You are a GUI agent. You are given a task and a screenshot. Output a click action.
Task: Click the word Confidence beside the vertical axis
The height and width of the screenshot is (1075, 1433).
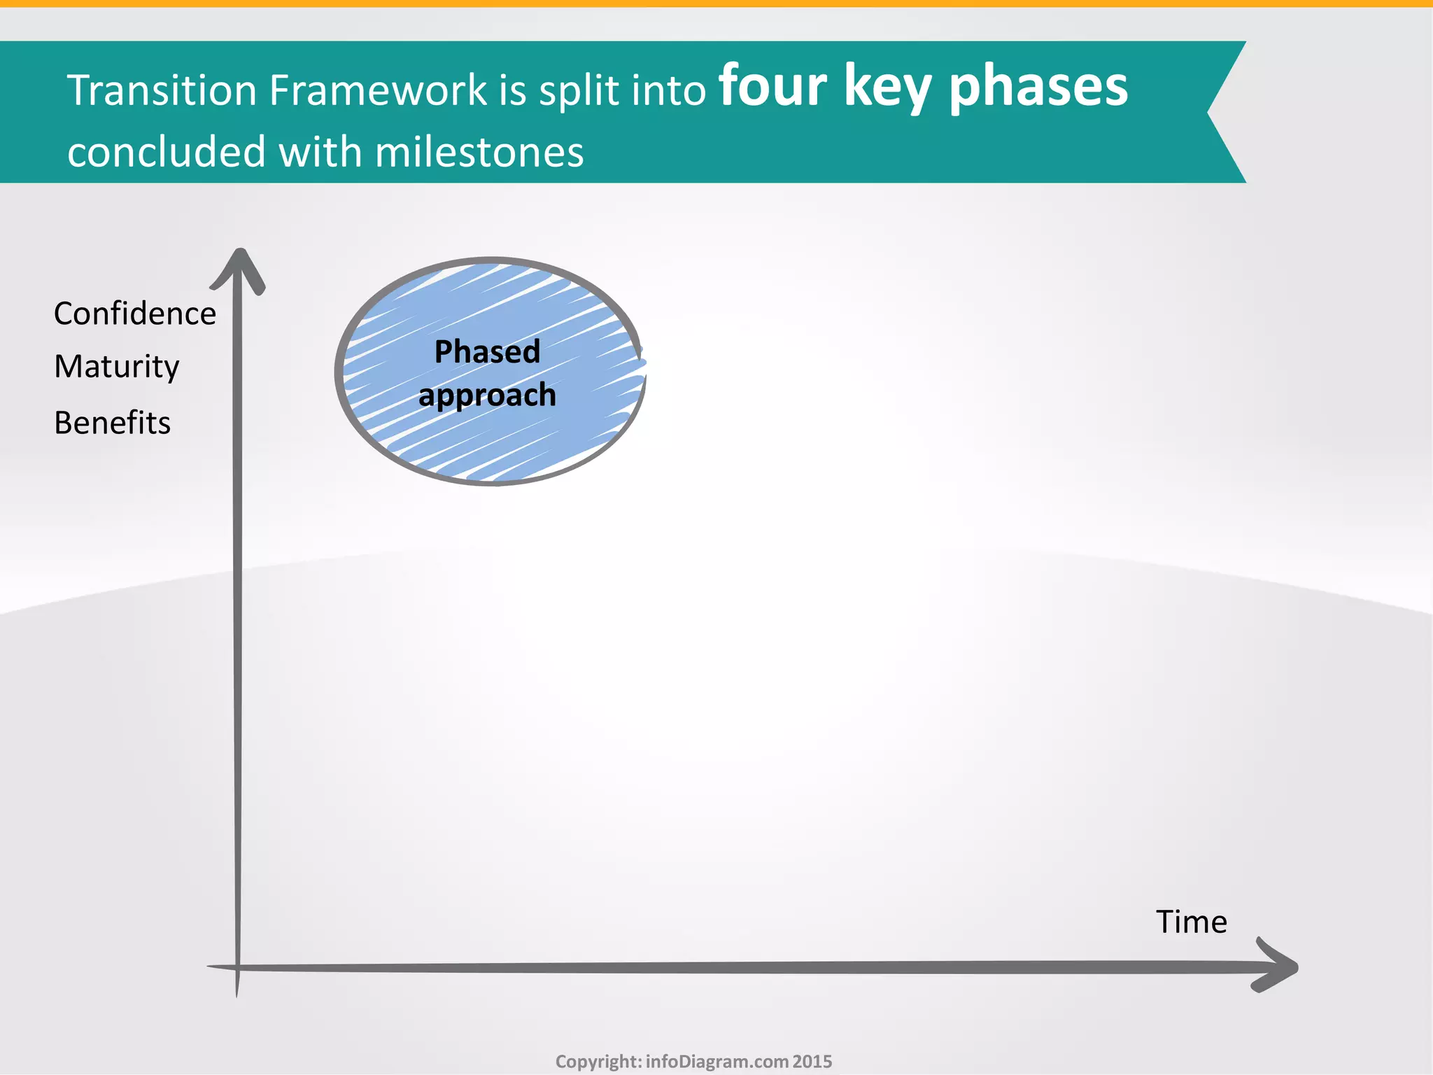pyautogui.click(x=134, y=314)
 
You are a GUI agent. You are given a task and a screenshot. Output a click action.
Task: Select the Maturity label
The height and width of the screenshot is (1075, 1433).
pyautogui.click(x=116, y=367)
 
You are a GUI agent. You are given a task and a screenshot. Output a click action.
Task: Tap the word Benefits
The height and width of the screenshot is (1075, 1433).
pyautogui.click(x=112, y=423)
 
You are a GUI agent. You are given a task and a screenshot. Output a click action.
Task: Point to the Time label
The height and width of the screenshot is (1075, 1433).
pyautogui.click(x=1191, y=922)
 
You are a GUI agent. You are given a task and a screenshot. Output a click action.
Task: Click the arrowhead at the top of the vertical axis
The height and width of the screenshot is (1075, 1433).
pyautogui.click(x=239, y=269)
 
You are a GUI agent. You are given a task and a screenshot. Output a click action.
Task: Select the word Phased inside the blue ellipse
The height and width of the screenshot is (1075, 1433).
pyautogui.click(x=487, y=351)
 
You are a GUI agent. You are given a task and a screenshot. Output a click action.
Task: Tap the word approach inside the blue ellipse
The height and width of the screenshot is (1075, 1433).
pyautogui.click(x=487, y=395)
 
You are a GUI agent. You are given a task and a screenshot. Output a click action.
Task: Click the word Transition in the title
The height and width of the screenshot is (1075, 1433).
pyautogui.click(x=162, y=90)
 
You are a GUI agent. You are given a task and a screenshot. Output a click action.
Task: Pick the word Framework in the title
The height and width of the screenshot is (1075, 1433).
pyautogui.click(x=378, y=90)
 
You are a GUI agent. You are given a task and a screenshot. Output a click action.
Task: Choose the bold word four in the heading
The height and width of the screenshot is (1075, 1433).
pyautogui.click(x=772, y=87)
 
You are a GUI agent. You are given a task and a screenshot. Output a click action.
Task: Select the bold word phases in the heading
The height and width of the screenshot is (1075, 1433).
pyautogui.click(x=1038, y=88)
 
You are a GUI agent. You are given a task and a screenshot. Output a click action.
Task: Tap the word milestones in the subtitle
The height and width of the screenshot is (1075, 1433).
pyautogui.click(x=479, y=152)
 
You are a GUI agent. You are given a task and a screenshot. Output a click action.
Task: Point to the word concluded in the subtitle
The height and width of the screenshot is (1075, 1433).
pyautogui.click(x=167, y=152)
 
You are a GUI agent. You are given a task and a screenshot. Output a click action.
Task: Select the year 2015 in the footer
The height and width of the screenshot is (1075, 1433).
pyautogui.click(x=812, y=1062)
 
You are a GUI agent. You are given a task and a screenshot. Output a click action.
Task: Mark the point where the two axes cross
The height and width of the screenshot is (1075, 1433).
pyautogui.click(x=238, y=968)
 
